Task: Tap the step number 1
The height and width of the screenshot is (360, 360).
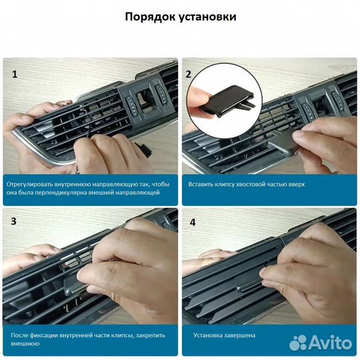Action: tap(14, 74)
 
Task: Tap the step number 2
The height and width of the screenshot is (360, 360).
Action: tap(189, 74)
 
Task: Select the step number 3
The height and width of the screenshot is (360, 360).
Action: tap(14, 221)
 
